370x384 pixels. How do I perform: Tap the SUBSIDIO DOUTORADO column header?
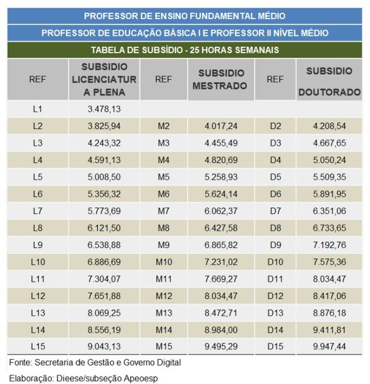(329, 82)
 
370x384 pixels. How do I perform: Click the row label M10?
(164, 263)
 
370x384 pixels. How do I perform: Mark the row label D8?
(275, 228)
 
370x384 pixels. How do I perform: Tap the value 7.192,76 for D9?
(329, 245)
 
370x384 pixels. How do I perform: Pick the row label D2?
(275, 125)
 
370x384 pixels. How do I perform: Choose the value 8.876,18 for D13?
(329, 313)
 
